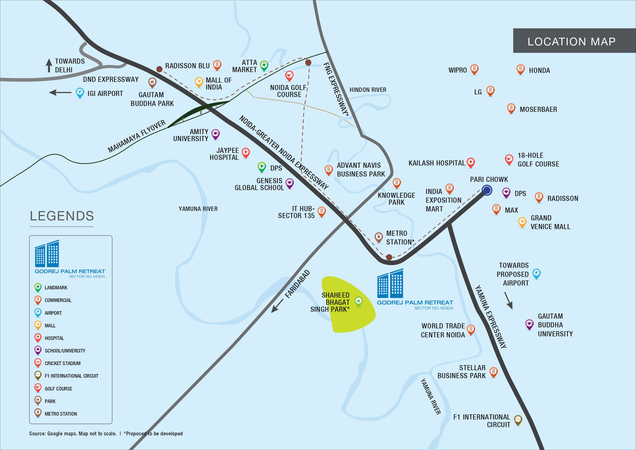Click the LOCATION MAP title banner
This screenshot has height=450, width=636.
pyautogui.click(x=574, y=41)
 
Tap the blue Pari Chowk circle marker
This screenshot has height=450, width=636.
pyautogui.click(x=487, y=190)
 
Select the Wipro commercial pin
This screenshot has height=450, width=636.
pyautogui.click(x=475, y=69)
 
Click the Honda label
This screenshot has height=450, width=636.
pyautogui.click(x=539, y=71)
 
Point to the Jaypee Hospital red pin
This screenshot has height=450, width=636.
pyautogui.click(x=246, y=153)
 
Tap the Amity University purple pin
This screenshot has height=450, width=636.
pyautogui.click(x=216, y=134)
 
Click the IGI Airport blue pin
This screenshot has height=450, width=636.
pyautogui.click(x=80, y=93)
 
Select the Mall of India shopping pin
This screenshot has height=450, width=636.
pyautogui.click(x=199, y=82)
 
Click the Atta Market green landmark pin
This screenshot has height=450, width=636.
pyautogui.click(x=264, y=66)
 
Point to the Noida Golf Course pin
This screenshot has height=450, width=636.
pyautogui.click(x=289, y=76)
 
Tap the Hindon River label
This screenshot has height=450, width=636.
pyautogui.click(x=368, y=90)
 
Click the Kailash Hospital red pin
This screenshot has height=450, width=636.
pyautogui.click(x=471, y=163)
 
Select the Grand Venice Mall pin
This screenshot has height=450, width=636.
pyautogui.click(x=522, y=222)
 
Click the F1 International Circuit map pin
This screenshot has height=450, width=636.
pyautogui.click(x=518, y=420)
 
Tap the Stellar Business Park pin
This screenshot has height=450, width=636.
pyautogui.click(x=493, y=372)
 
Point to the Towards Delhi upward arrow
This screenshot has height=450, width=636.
pyautogui.click(x=49, y=65)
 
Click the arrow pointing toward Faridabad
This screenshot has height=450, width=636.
pyautogui.click(x=277, y=306)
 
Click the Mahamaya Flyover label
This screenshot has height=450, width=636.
pyautogui.click(x=137, y=136)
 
